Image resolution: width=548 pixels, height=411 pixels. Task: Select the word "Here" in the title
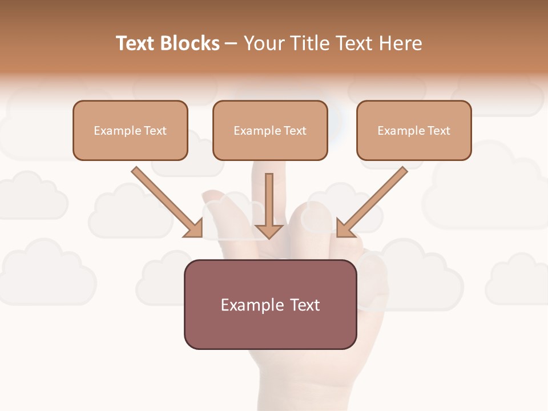[400, 43]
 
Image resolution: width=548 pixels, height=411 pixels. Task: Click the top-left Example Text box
[130, 130]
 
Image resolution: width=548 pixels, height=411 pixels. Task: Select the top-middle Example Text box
[270, 130]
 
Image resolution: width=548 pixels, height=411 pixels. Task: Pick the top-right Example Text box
[414, 130]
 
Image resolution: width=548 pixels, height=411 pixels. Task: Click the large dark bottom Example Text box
[270, 304]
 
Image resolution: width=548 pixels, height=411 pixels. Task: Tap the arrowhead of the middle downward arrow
[269, 231]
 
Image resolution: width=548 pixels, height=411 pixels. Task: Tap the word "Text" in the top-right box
[438, 131]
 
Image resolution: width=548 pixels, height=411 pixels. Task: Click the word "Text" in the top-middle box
[295, 131]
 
